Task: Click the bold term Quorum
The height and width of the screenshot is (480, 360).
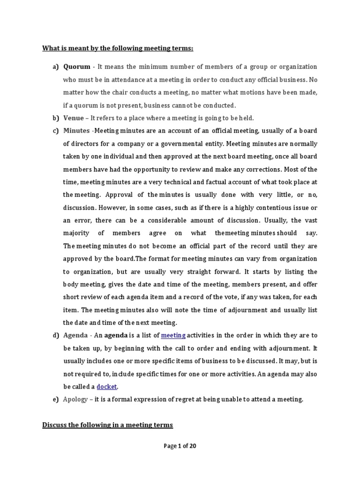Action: pos(77,67)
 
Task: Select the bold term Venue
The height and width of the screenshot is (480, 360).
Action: pos(74,118)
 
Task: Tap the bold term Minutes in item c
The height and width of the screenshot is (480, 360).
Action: pos(76,130)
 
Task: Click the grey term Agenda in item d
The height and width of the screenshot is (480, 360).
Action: pos(75,335)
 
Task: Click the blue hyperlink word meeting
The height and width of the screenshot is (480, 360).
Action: pos(173,335)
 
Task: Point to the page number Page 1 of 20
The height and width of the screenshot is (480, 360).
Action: pos(180,446)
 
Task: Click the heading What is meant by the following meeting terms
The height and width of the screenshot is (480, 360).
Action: pos(118,48)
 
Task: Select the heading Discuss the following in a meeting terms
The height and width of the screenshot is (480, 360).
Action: pos(108,425)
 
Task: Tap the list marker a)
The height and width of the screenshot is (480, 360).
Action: pos(55,67)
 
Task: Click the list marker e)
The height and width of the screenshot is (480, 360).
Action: pos(55,399)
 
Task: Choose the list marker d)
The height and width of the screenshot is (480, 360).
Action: pos(55,335)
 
